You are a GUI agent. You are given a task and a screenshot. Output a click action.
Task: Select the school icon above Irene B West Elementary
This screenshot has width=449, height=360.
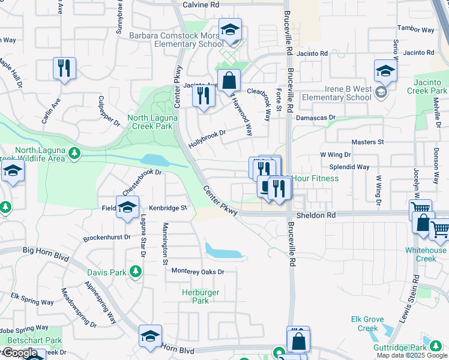point(385,72)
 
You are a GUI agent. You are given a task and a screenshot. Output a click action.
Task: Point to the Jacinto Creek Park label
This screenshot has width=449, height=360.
point(430,86)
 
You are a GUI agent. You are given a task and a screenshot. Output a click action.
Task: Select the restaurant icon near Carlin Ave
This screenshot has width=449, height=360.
point(64,68)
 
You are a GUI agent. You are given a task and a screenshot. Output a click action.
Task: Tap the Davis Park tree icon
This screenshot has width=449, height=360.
point(136,272)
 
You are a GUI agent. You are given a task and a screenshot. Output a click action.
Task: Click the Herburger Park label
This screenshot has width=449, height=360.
point(200,296)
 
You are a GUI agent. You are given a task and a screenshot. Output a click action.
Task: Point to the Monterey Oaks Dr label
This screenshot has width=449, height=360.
point(197,272)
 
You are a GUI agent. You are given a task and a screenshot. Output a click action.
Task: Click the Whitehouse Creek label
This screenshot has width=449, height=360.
point(426,254)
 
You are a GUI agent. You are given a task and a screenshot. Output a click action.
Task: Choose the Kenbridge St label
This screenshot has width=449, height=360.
point(168,208)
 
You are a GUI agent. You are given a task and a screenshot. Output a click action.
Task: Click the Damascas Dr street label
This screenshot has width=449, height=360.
point(315,118)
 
